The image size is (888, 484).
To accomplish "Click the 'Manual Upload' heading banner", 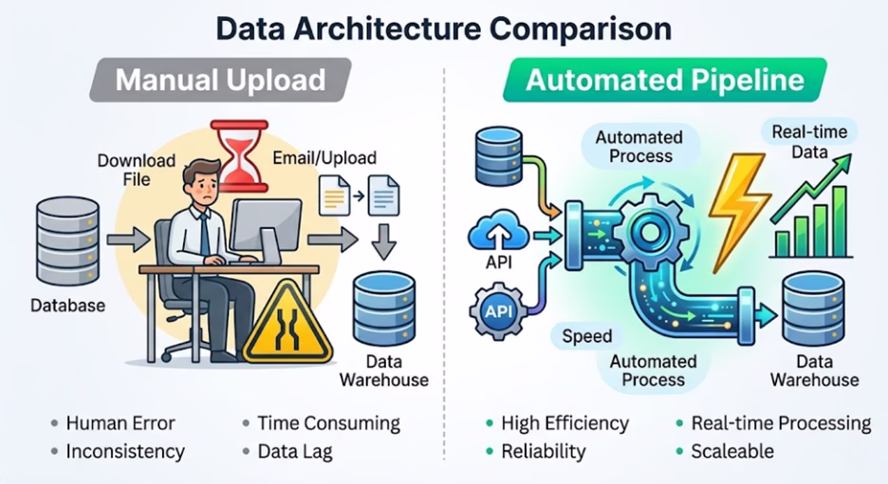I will pos(219,81).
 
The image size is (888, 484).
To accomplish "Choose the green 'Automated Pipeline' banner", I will pos(664,81).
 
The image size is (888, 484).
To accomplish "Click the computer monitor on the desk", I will pos(268,223).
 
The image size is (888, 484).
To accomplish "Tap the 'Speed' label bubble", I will pos(587,336).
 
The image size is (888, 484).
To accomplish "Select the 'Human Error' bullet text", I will pos(120,423).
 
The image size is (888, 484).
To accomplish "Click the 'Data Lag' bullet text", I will pos(294,452).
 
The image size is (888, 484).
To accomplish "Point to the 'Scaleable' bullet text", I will pos(732,452).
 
